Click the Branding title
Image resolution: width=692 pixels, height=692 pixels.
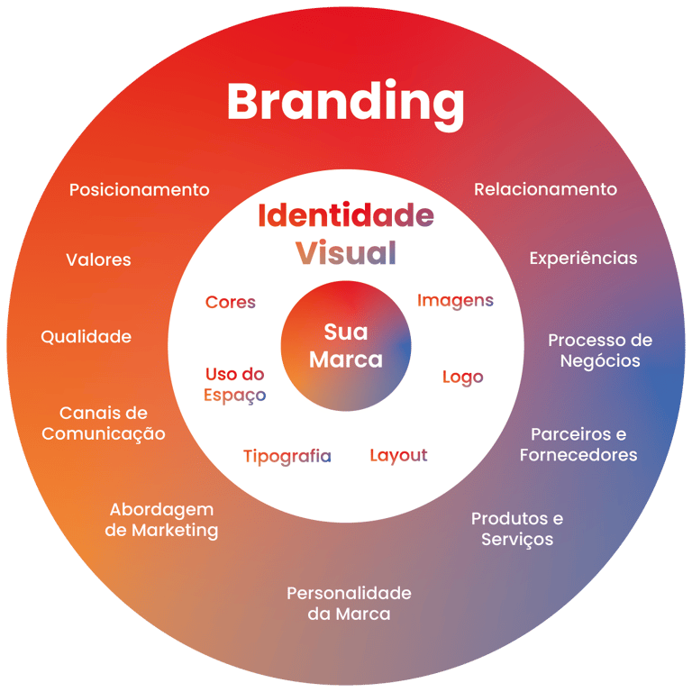coord(345,102)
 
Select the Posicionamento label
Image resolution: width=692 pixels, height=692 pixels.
coord(140,190)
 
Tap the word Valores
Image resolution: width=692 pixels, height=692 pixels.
coord(98,259)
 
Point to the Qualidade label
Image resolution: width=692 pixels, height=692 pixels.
coord(86,337)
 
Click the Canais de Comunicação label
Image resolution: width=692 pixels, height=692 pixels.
coord(104,423)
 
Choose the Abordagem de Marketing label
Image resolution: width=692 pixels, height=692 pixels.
coord(161,520)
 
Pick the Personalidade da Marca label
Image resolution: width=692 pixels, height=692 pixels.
coord(349,604)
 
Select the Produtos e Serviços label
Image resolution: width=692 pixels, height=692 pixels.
coord(517,529)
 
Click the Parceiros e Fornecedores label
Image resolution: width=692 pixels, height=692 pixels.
coord(578,444)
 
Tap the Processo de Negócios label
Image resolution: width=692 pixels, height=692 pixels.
coord(600,351)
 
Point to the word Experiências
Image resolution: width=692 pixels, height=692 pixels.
coord(583,259)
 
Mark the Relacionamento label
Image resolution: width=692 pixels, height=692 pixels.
coord(545,189)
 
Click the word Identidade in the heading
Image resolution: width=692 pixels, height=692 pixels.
coord(346,216)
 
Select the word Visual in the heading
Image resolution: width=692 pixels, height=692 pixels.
coord(346,253)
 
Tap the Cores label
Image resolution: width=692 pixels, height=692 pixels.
coord(231,303)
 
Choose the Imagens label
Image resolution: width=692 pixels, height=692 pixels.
coord(455,301)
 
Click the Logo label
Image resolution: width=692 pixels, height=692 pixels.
coord(462,378)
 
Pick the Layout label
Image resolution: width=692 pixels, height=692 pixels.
coord(398,456)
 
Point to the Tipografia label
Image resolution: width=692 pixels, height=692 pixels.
coord(287,457)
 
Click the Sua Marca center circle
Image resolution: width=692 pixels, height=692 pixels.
coord(346,346)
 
